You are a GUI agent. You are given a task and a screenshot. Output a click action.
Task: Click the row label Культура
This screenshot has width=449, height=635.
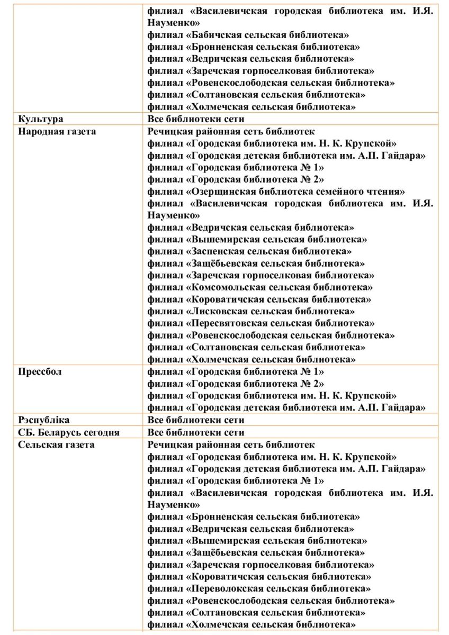(x=40, y=120)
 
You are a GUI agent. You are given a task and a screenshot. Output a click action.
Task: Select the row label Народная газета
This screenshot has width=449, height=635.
(x=57, y=131)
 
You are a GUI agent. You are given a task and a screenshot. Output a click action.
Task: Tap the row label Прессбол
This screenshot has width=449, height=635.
(x=40, y=372)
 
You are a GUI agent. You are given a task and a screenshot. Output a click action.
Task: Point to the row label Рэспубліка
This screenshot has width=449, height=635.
(x=44, y=420)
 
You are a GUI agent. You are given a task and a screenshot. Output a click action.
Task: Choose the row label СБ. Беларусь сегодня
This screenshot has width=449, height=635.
(x=69, y=432)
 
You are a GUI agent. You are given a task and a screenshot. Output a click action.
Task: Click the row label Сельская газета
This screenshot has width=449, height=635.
(x=56, y=444)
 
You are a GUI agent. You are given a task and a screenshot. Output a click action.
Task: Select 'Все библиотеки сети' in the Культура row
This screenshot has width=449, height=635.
(x=196, y=120)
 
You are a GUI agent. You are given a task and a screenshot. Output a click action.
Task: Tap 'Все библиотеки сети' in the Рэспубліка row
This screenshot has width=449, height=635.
(x=196, y=420)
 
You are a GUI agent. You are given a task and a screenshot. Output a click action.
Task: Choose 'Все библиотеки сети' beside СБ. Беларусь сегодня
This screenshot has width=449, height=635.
(x=196, y=432)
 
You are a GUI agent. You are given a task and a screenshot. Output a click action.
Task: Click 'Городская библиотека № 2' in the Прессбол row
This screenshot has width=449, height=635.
(x=255, y=384)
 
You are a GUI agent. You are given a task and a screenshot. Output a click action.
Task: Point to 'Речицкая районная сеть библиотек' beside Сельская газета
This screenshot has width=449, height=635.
(x=231, y=444)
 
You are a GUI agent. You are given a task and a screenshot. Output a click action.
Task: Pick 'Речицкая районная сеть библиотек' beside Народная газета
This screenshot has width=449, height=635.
(x=231, y=131)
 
